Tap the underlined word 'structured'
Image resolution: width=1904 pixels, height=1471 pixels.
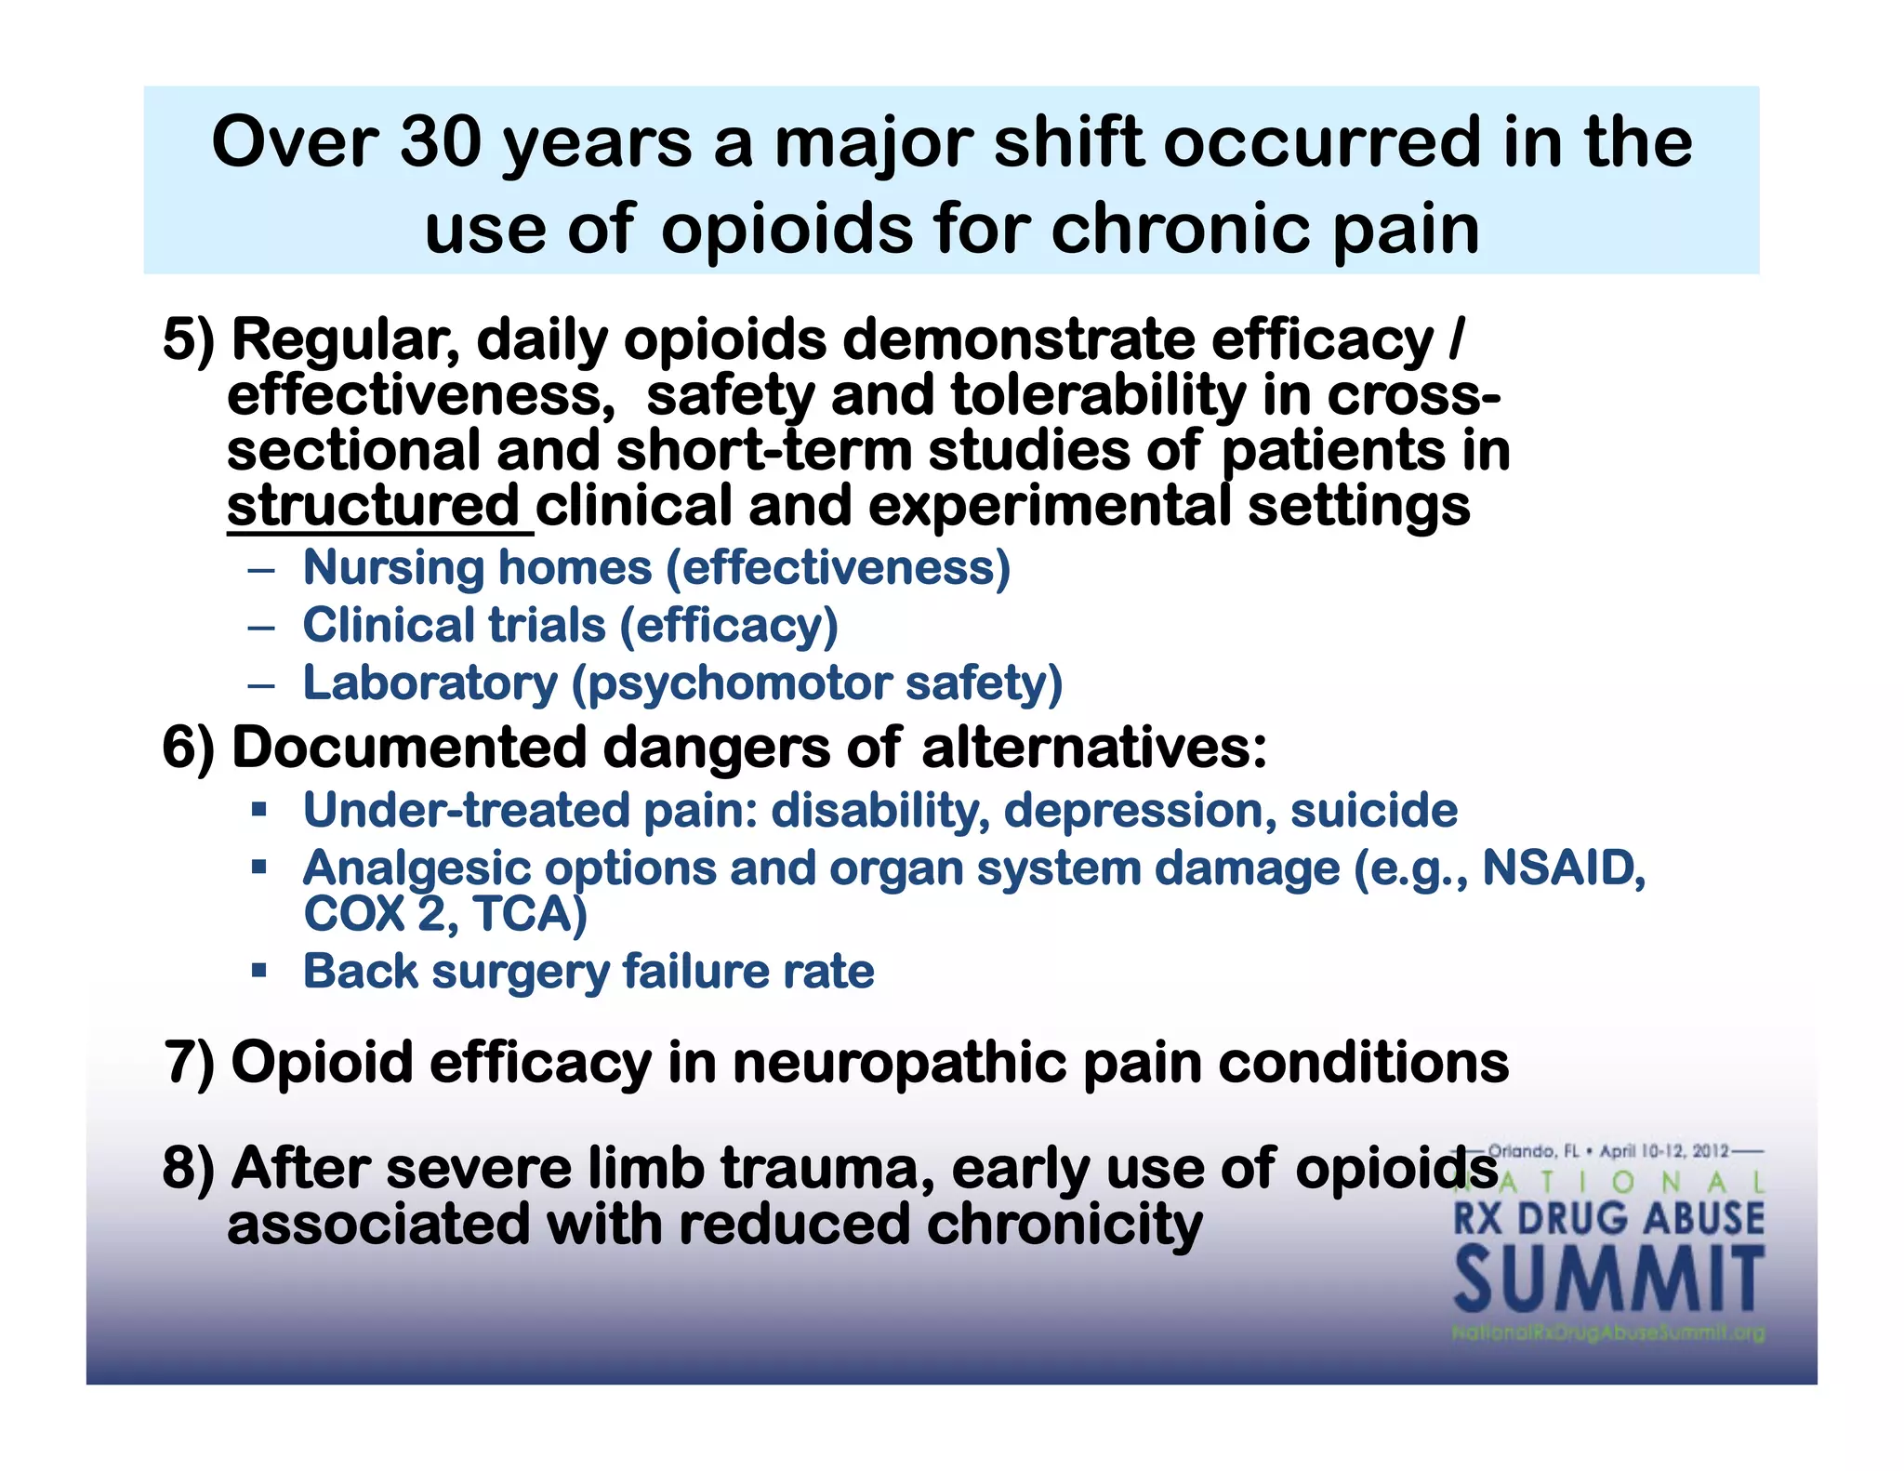tap(374, 506)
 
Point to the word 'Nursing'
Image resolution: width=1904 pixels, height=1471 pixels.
tap(393, 567)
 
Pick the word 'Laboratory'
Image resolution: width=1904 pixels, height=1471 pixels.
tap(430, 683)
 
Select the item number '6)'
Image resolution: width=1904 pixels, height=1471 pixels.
tap(188, 748)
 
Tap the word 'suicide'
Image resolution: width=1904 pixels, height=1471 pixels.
tap(1373, 810)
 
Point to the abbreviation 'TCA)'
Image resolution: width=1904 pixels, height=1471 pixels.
tap(530, 914)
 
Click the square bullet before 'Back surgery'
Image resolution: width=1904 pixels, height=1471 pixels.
tap(259, 971)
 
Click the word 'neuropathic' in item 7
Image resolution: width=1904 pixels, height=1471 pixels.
tap(898, 1062)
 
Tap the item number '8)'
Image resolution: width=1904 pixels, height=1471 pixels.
tap(188, 1168)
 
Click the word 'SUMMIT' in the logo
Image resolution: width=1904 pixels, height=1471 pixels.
tap(1608, 1281)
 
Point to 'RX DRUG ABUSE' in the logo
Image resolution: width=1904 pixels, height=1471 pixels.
tap(1608, 1218)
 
